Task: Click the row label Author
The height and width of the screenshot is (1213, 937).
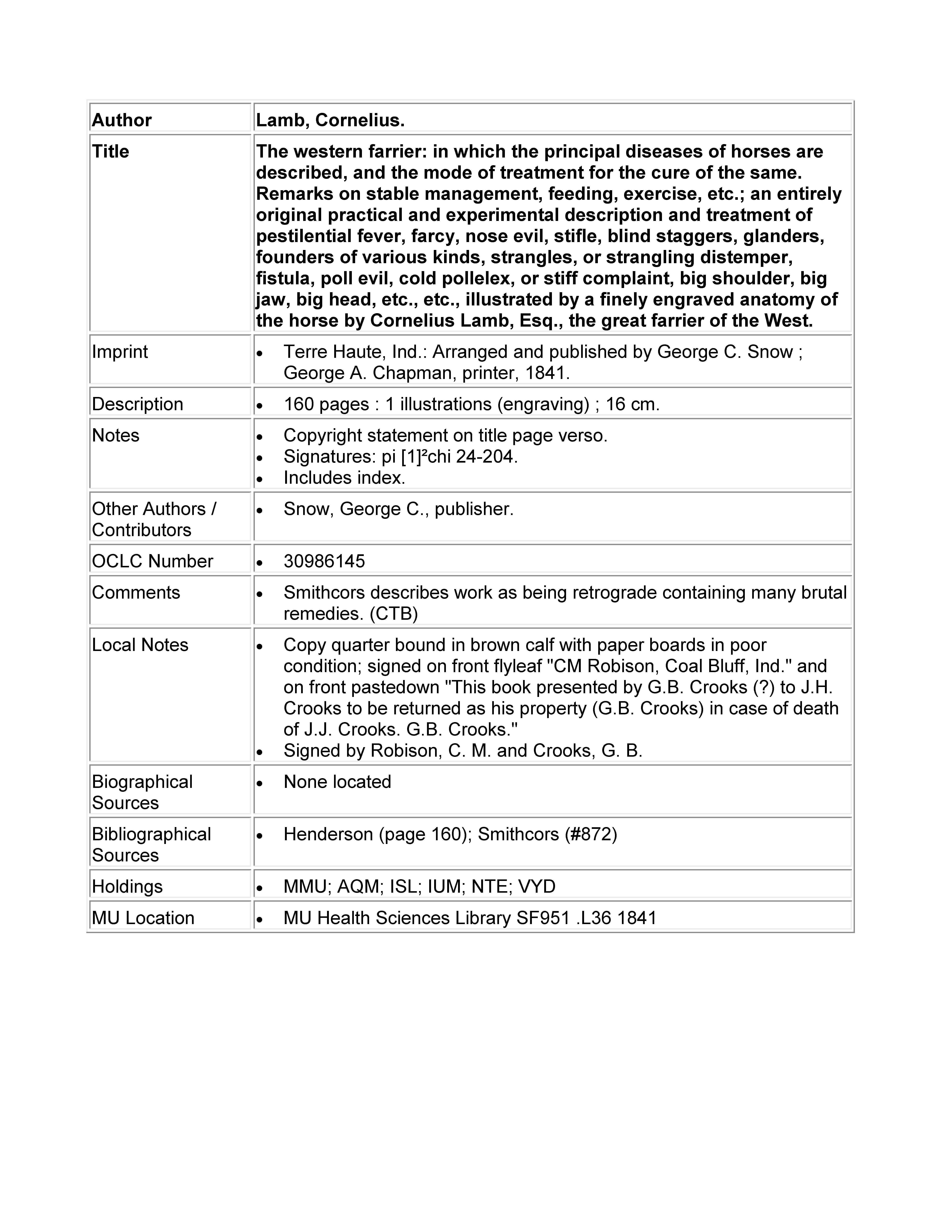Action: (122, 120)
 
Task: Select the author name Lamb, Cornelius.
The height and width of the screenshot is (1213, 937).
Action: (330, 120)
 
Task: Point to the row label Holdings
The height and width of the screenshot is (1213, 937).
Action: (127, 886)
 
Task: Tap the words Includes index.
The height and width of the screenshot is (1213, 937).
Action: (344, 478)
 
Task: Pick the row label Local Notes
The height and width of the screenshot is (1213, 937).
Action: (140, 645)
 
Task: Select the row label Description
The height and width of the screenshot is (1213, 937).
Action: (137, 404)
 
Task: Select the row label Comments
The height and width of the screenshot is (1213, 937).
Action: (136, 593)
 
